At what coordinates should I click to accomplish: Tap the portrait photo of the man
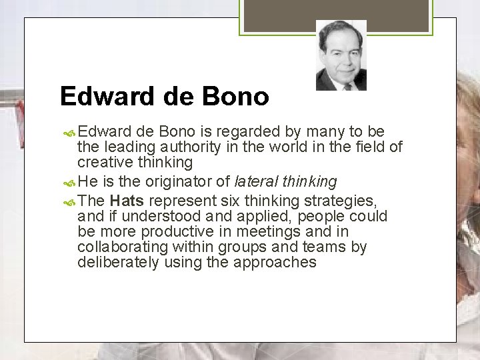[341, 56]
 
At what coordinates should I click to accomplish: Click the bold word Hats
[127, 201]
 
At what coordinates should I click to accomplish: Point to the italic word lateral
[257, 181]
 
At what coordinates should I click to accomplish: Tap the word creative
[102, 163]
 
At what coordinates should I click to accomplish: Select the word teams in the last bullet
[327, 247]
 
